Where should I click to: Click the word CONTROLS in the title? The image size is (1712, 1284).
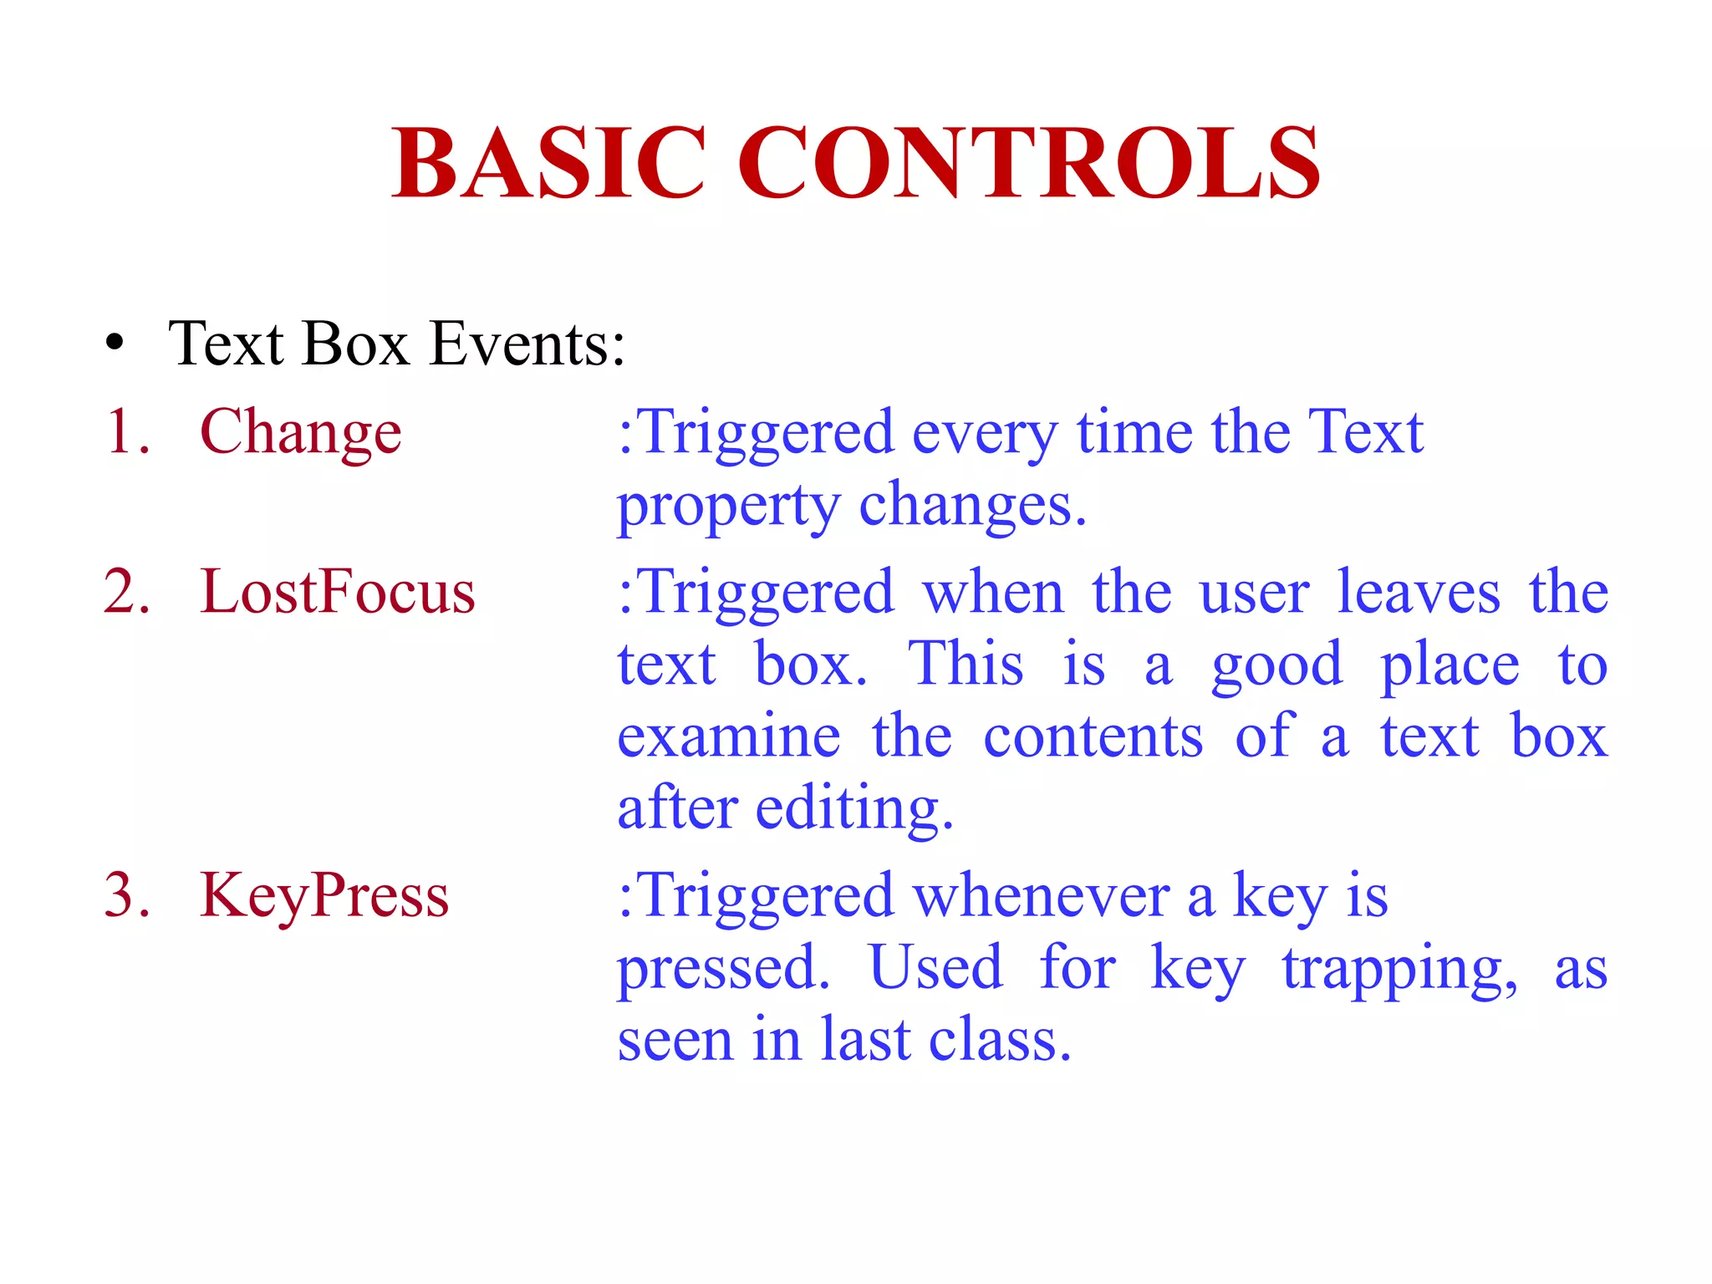pos(1028,162)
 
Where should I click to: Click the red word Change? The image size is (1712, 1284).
pos(301,433)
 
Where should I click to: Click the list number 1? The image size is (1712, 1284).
pos(125,433)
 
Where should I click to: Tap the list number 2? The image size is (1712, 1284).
pos(125,592)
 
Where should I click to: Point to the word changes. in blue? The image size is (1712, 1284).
pos(972,505)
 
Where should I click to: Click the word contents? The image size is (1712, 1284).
pos(1093,736)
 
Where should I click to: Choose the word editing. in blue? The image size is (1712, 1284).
pos(854,809)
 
